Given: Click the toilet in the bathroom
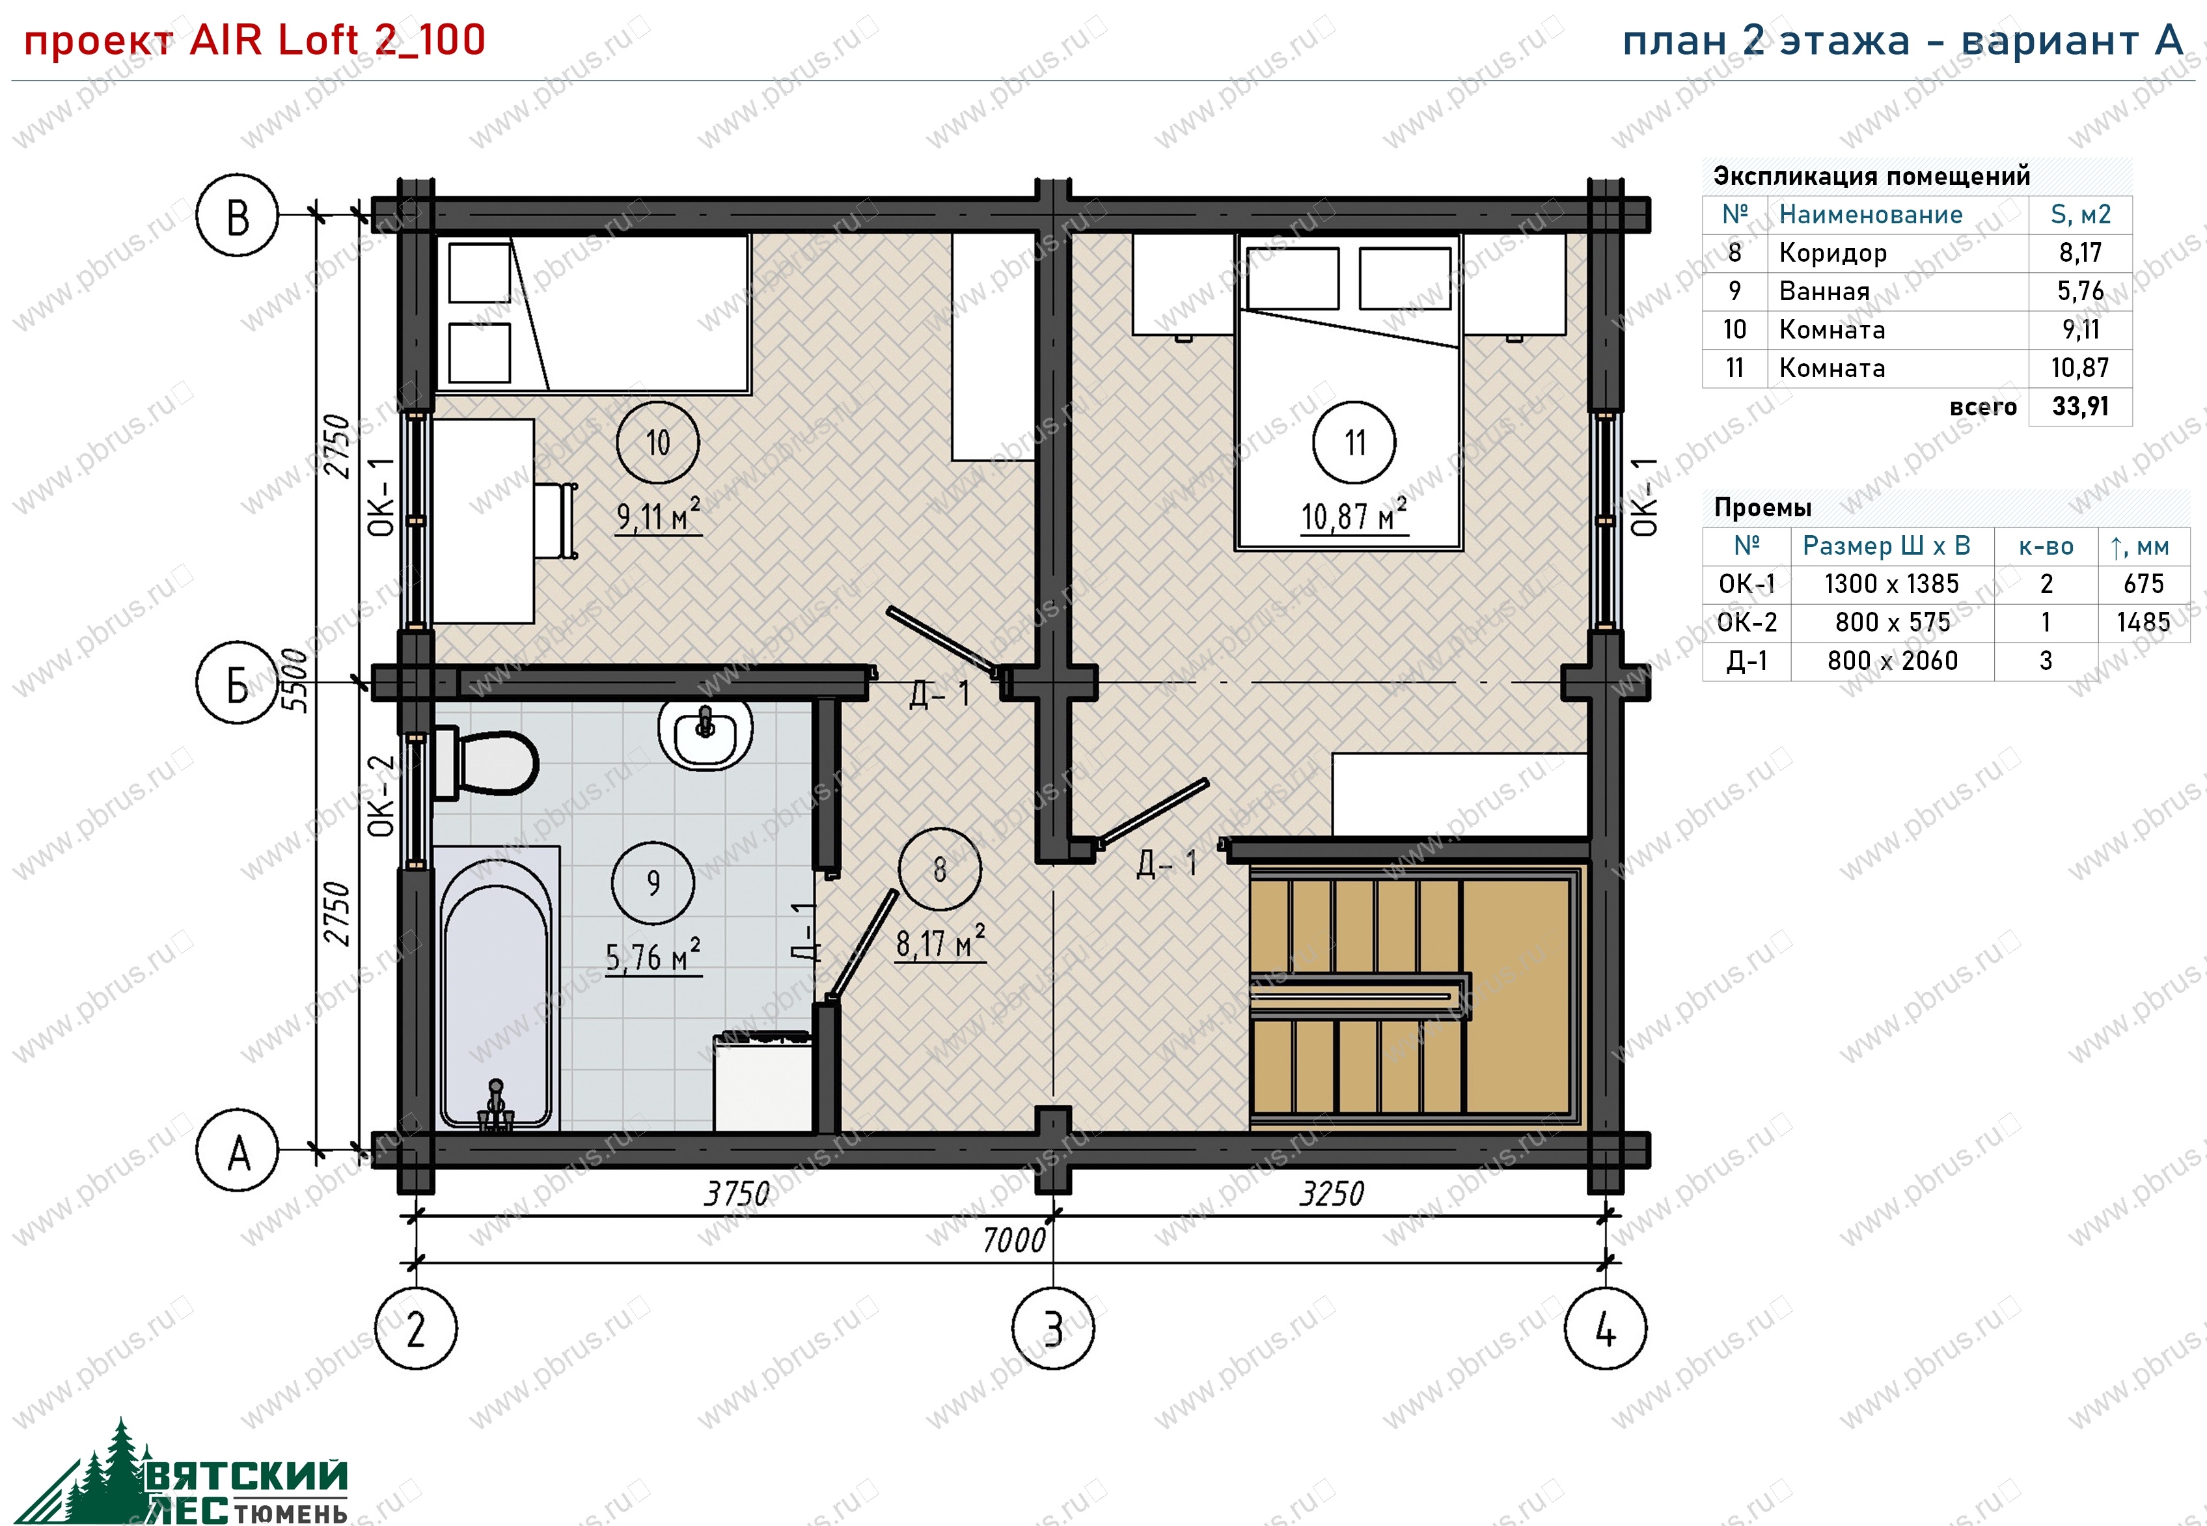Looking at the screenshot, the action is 485,763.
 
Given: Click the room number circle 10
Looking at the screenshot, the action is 657,443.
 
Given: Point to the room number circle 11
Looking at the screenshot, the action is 1354,443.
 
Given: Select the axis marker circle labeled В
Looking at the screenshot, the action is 237,215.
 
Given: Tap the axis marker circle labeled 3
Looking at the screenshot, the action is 1052,1328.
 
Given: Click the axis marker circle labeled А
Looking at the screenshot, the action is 237,1150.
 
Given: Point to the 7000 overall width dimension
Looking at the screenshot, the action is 1014,1240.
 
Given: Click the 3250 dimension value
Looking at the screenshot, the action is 1332,1193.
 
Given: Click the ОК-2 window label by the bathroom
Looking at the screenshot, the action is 381,796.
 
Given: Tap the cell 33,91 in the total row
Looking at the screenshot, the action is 2080,406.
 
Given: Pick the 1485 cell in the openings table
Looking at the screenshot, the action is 2143,622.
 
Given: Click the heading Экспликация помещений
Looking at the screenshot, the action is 1872,176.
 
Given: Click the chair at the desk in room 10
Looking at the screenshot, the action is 555,520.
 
